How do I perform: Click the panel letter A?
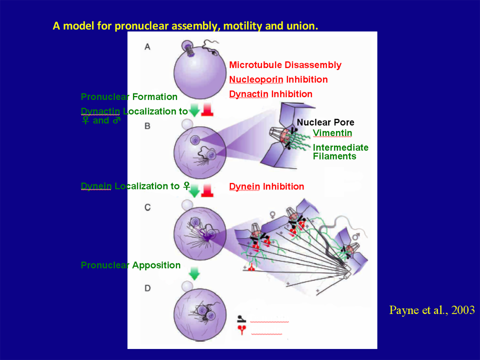point(147,46)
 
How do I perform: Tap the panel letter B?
point(147,126)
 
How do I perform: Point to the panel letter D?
point(147,288)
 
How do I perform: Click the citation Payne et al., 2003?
point(431,310)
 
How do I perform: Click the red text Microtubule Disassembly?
point(285,65)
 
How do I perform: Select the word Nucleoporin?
point(256,79)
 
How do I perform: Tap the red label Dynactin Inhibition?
point(270,94)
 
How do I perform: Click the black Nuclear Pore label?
point(325,122)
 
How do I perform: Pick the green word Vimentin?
point(332,133)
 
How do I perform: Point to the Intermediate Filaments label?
point(340,151)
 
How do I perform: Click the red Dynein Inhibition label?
point(266,186)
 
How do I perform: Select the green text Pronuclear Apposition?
point(130,265)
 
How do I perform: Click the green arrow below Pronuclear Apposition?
point(194,274)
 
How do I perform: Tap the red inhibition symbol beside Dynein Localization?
point(207,190)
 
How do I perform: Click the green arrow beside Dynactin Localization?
point(194,111)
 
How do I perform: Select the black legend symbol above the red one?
point(242,318)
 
